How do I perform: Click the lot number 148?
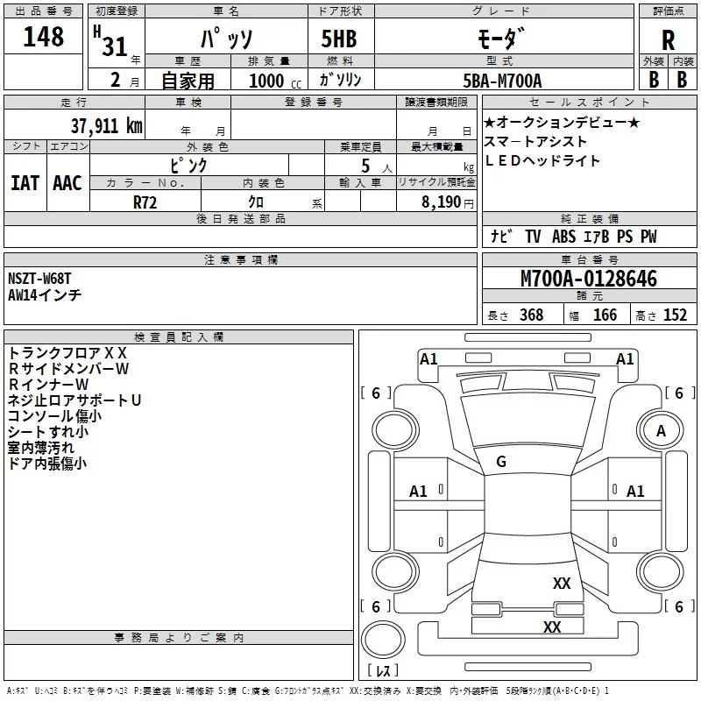coord(44,37)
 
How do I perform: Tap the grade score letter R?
coord(668,39)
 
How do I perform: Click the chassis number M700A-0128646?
coord(589,280)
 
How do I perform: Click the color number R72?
coord(145,201)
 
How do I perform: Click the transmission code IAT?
coord(25,182)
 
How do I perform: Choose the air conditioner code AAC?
coord(67,182)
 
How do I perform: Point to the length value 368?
coord(531,315)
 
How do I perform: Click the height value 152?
coord(675,315)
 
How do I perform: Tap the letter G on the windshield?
coord(501,462)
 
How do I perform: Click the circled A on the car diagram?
coord(662,430)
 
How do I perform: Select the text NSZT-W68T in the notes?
coord(39,279)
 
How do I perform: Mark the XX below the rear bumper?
coord(551,627)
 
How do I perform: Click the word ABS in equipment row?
coord(563,237)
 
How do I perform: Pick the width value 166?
coord(605,315)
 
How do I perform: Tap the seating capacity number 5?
coord(365,165)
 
